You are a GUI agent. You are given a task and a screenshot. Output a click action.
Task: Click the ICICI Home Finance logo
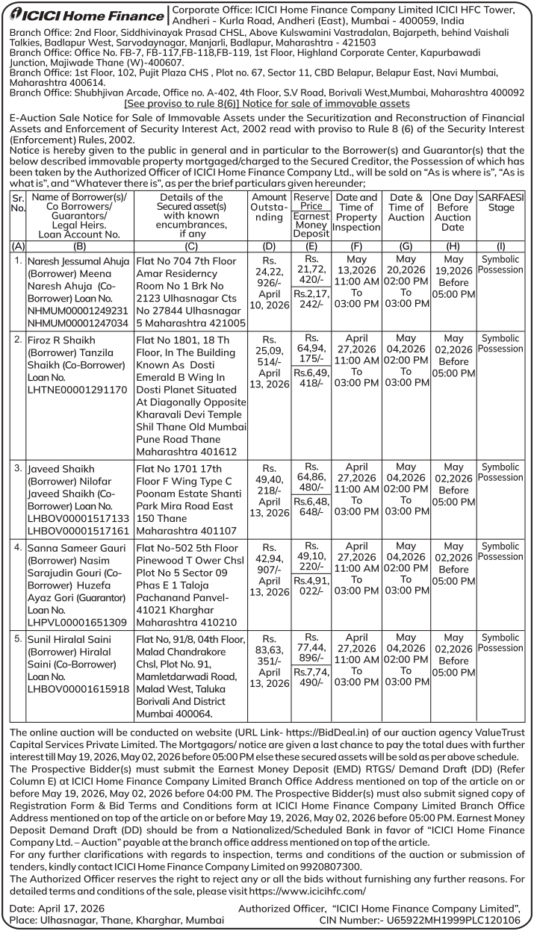[x=84, y=14]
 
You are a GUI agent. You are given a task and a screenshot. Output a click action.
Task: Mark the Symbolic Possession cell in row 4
[x=501, y=551]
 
